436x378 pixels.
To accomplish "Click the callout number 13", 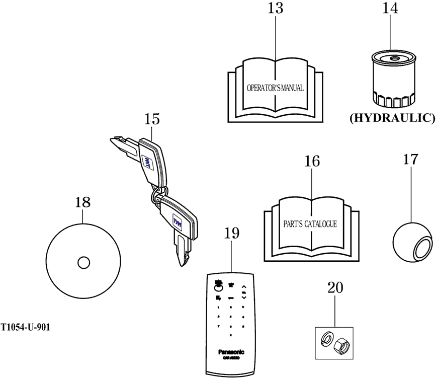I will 276,9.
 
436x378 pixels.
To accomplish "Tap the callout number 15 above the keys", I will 151,119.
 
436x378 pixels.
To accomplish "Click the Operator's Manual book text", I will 275,88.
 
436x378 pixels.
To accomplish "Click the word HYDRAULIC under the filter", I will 392,118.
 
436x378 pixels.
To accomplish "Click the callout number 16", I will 312,161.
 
